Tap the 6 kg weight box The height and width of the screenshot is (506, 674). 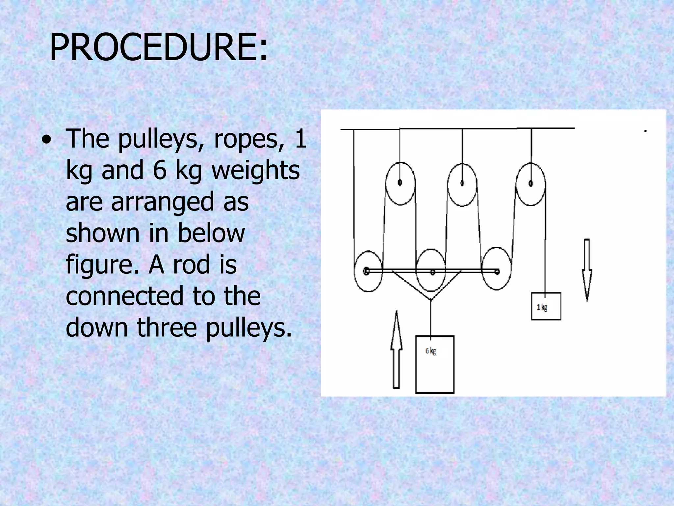pos(434,365)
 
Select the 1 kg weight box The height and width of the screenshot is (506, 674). pos(546,306)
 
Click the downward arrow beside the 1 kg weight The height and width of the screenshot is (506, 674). pos(587,269)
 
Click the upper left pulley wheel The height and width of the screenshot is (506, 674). pos(400,183)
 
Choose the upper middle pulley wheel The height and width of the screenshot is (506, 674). pos(462,184)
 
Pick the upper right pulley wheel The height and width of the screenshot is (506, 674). pos(531,184)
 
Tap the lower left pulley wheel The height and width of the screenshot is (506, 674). pos(368,271)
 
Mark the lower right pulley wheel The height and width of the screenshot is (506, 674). pos(496,269)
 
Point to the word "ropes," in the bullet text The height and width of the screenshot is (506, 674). pos(249,139)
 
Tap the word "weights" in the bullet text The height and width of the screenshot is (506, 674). pos(255,170)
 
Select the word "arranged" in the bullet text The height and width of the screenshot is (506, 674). pos(162,203)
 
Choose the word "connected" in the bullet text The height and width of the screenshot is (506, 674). pos(124,296)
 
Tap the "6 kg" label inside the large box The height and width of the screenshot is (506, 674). pos(431,351)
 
